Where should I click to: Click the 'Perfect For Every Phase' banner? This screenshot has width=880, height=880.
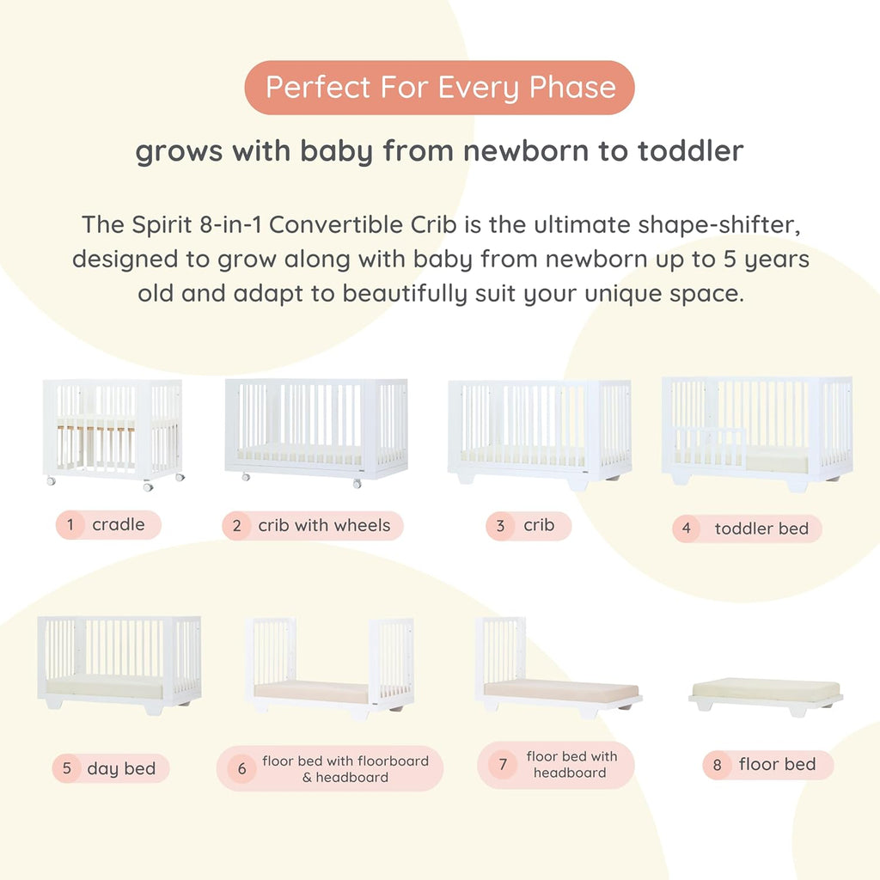coord(439,88)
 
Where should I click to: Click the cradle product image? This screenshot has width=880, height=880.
coord(113,431)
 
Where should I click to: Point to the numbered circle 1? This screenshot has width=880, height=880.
coord(70,524)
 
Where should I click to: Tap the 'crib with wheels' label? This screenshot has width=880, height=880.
coord(324,525)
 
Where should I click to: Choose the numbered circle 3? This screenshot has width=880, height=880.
coord(500,526)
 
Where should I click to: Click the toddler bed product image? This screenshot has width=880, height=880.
coord(756,433)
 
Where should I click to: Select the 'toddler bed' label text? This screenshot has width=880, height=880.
coord(761,529)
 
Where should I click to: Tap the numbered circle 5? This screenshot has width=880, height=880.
coord(66,768)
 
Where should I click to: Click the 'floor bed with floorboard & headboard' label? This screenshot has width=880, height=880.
coord(345,768)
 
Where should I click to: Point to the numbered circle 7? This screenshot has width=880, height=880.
coord(503,764)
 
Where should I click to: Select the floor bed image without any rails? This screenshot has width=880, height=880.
coord(766,693)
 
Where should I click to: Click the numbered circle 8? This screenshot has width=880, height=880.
coord(717,765)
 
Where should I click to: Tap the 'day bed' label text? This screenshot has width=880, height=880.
coord(121,768)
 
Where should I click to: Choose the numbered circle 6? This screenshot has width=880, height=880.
coord(241,768)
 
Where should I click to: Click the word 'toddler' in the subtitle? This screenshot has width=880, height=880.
coord(690,152)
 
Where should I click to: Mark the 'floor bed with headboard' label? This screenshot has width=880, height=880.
coord(571,764)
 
